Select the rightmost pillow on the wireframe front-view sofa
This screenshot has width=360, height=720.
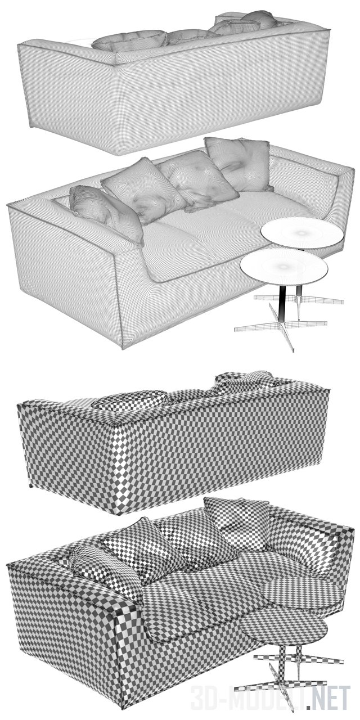click(238, 163)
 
